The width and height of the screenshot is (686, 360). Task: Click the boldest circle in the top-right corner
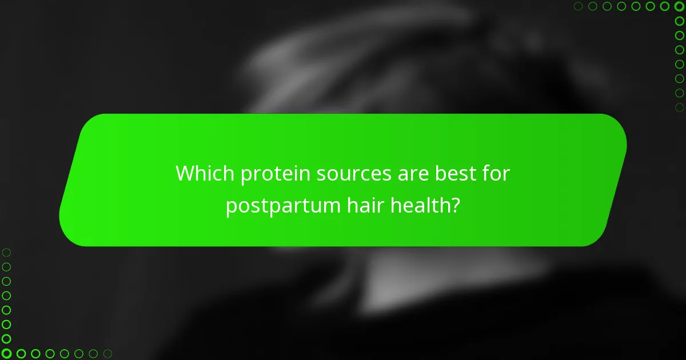coord(680,6)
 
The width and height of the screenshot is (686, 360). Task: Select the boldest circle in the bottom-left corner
coord(6,354)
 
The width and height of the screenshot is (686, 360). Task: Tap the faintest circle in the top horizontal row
coord(579,6)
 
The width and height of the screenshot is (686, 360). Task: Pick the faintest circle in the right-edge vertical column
coord(680,107)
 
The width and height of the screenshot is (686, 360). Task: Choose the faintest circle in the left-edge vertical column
coord(6,252)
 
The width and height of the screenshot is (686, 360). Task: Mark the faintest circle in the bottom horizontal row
coord(107,354)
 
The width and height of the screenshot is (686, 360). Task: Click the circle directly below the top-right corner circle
coord(680,21)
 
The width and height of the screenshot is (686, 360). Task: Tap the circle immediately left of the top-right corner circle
coord(665,6)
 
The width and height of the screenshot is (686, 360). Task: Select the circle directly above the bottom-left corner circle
coord(6,339)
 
